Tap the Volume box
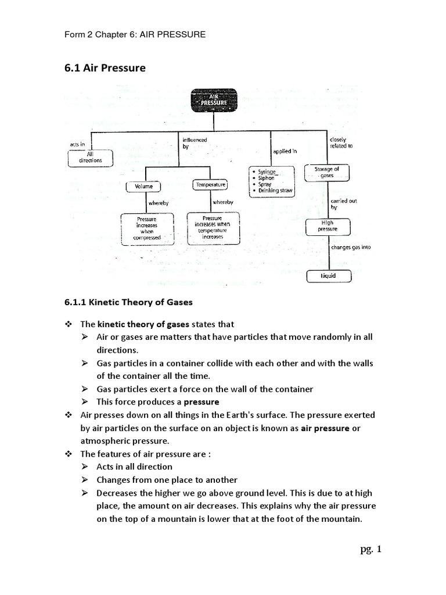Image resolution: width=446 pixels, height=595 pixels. [x=143, y=187]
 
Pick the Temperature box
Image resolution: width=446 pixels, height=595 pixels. [x=210, y=185]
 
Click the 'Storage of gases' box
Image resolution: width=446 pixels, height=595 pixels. [x=327, y=172]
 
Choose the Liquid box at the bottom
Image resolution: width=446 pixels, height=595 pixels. [x=329, y=275]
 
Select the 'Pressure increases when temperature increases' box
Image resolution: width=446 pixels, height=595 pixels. [x=213, y=227]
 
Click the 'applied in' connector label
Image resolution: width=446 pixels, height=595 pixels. [x=285, y=151]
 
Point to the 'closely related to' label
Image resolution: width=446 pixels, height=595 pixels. [x=341, y=143]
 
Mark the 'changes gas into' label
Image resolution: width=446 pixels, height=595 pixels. [x=351, y=247]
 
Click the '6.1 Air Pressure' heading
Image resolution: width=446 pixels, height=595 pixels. [x=105, y=69]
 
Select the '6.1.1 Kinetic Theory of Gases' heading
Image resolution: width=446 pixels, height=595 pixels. [x=128, y=302]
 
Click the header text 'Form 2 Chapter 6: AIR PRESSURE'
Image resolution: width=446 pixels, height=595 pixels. [x=135, y=34]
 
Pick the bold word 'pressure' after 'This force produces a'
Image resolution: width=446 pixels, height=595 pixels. [x=202, y=402]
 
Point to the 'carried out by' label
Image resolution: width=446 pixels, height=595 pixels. [x=339, y=204]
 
